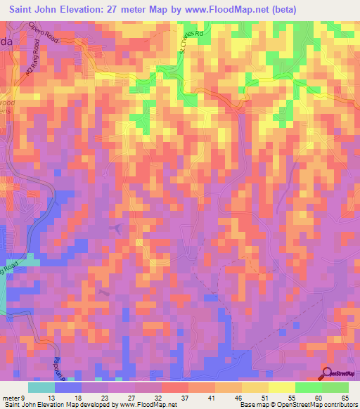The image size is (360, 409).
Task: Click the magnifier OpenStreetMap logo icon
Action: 328,373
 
